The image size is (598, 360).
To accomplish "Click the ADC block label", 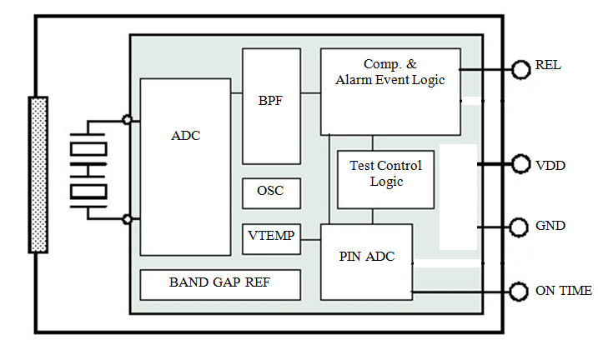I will (185, 136).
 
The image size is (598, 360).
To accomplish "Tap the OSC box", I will (270, 192).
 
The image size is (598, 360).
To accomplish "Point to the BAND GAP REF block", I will (219, 283).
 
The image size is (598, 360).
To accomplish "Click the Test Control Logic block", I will (385, 173).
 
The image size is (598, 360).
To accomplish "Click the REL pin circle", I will (521, 68).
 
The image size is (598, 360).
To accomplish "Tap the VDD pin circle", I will (521, 165).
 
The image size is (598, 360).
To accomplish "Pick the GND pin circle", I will (521, 227).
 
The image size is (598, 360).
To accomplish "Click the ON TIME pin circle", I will (521, 291).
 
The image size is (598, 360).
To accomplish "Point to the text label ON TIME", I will (564, 291).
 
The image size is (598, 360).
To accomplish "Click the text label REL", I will (548, 66).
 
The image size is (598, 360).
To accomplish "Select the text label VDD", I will (550, 166).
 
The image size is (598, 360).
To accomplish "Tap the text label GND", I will (550, 226).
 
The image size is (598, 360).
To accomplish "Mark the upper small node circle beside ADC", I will (127, 120).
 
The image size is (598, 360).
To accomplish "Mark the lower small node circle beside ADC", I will (127, 219).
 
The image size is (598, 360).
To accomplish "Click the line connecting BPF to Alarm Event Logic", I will (310, 94).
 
